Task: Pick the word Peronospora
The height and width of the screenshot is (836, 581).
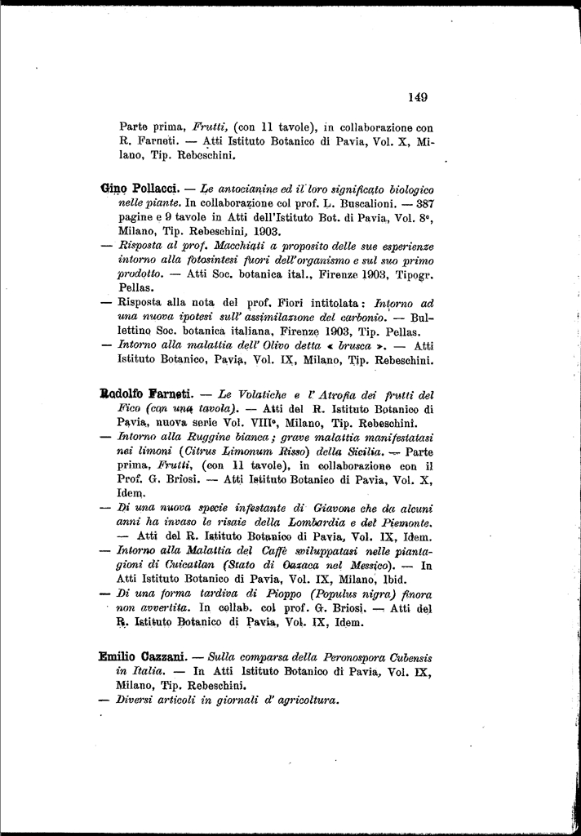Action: pos(353,657)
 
